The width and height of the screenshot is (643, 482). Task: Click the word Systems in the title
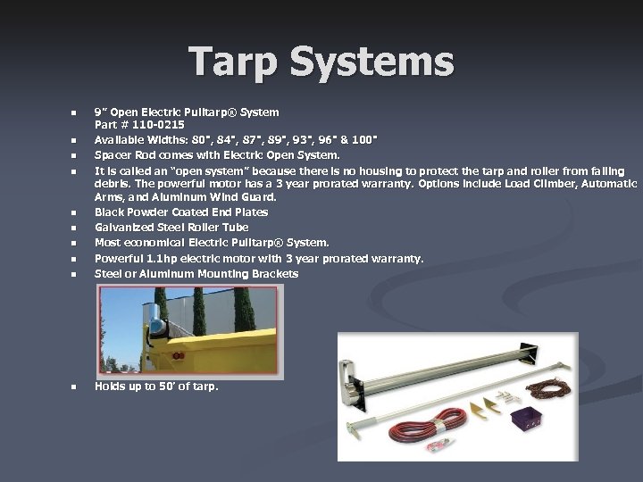375,62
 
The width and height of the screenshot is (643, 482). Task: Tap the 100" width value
363,140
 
